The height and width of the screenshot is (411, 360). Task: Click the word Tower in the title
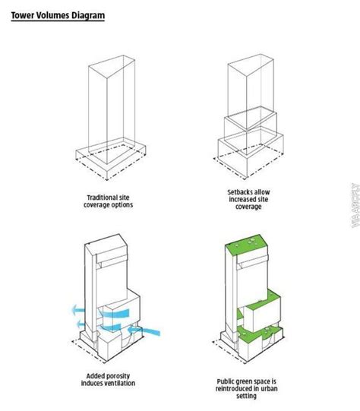pos(24,14)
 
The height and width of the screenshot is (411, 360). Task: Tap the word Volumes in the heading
pos(54,14)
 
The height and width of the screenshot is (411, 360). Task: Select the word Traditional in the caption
pos(104,196)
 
